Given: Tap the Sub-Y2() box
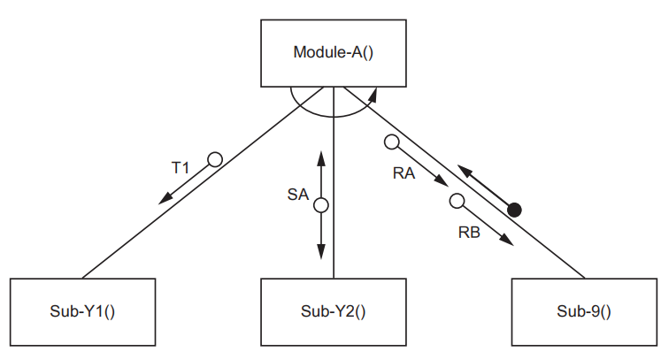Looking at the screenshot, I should (x=334, y=310).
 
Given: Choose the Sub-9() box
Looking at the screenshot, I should (x=584, y=310).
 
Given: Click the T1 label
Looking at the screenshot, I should (x=181, y=166).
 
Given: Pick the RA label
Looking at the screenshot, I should (x=404, y=174).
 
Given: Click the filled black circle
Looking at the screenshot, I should (x=514, y=210).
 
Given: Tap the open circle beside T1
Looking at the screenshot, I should (x=213, y=159).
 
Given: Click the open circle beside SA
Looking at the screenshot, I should (x=321, y=205).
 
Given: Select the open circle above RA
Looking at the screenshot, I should (x=390, y=141).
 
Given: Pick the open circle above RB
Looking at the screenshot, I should (x=457, y=201).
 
